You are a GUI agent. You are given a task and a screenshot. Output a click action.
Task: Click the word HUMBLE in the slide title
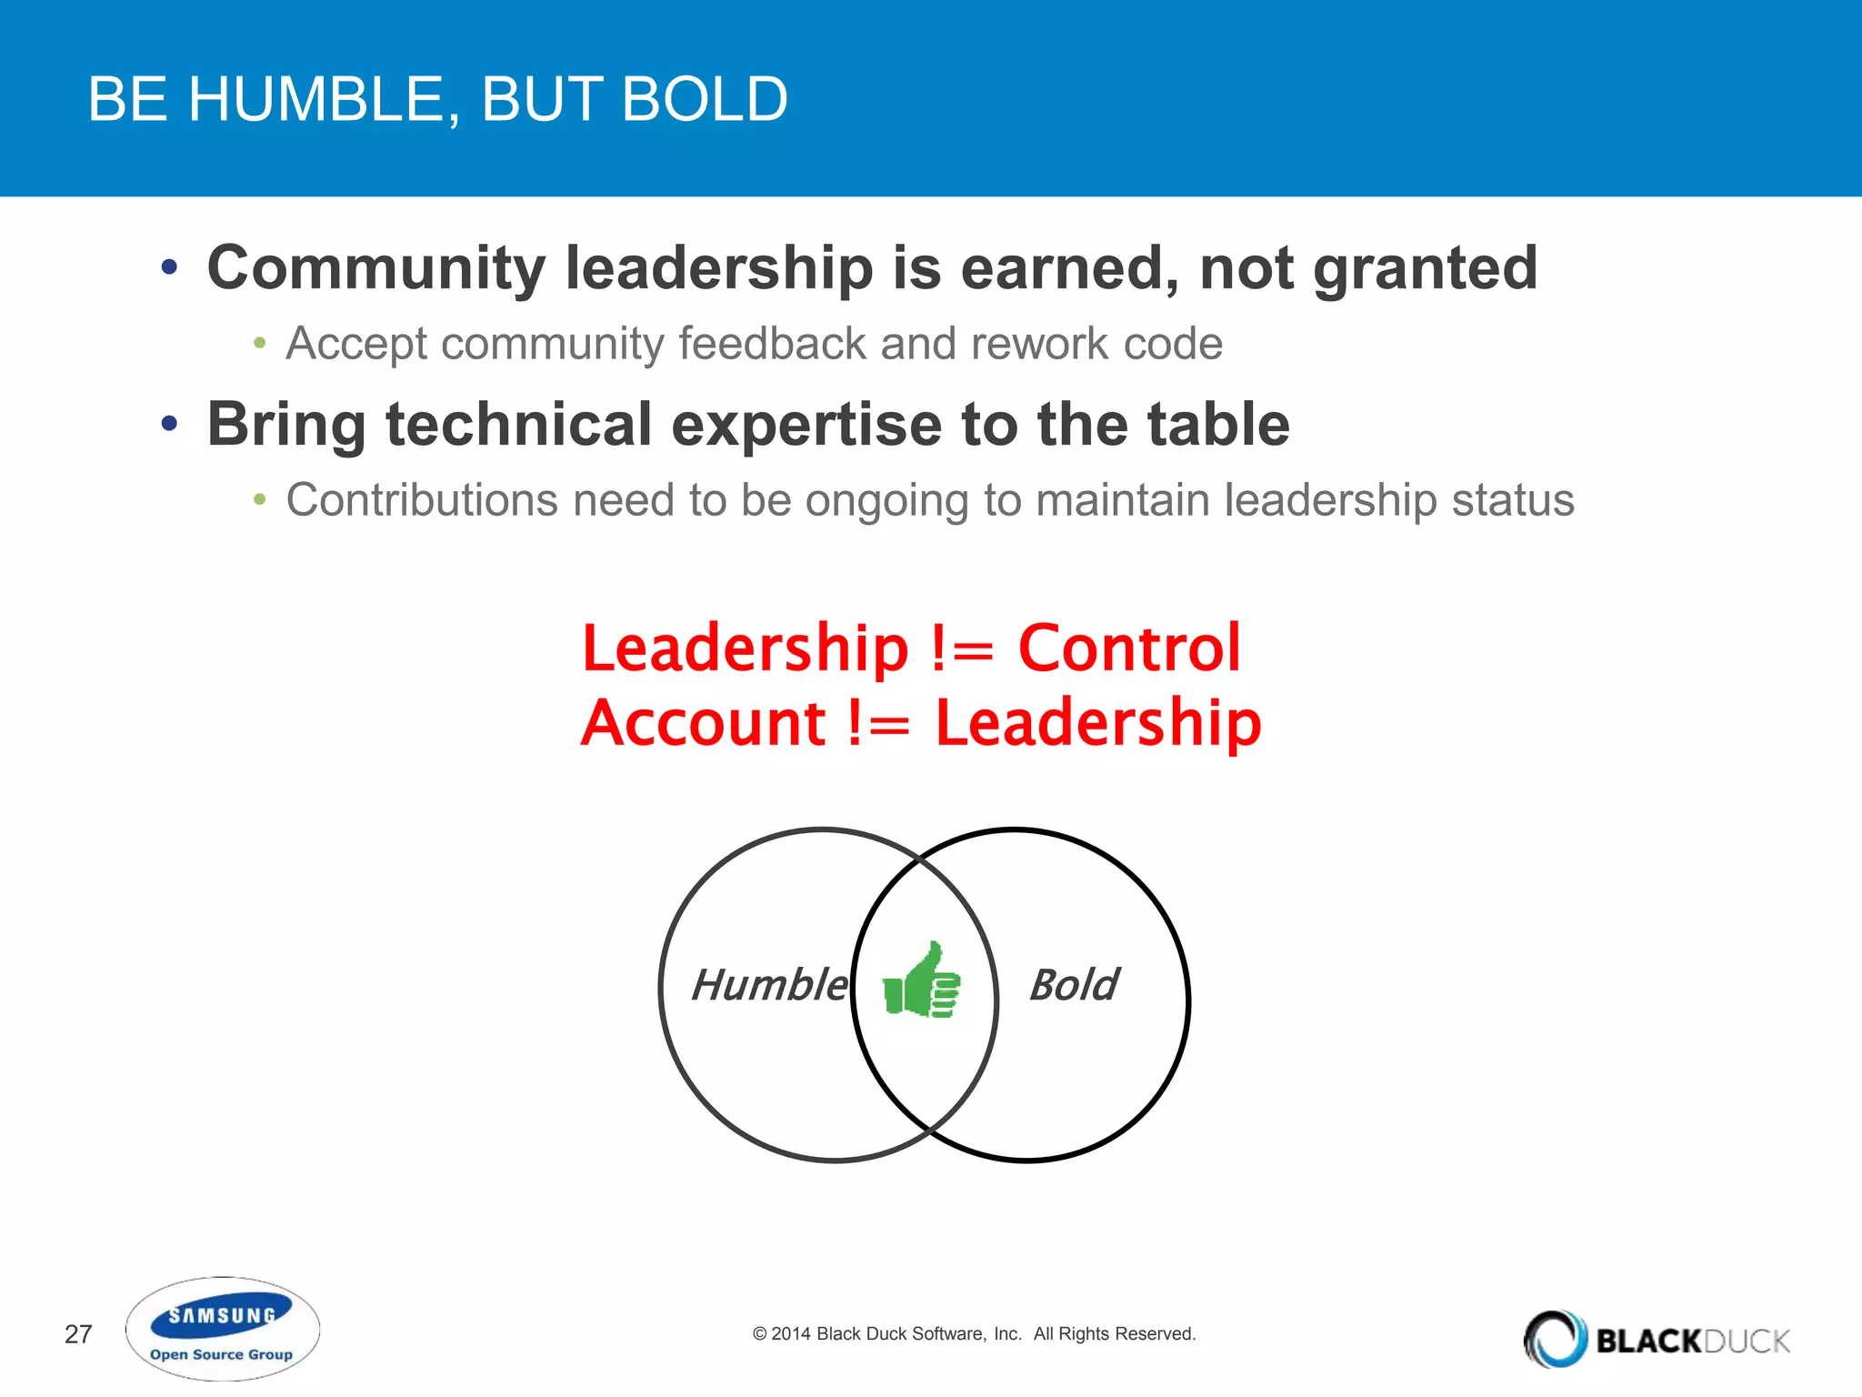(x=323, y=99)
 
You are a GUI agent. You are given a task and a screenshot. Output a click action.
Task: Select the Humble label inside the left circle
(x=769, y=985)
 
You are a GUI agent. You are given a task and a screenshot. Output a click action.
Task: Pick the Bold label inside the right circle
(x=1074, y=985)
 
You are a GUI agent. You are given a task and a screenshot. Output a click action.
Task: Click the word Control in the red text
(x=1129, y=648)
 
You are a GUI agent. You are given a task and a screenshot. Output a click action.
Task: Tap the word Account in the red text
(x=704, y=723)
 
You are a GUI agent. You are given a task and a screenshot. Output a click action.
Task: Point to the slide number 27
(x=78, y=1334)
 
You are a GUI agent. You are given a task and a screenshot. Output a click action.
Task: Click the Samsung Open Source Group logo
(x=222, y=1330)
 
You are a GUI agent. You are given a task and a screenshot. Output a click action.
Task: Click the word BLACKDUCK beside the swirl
(x=1693, y=1341)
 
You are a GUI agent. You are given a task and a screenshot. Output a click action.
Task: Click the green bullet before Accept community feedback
(x=260, y=344)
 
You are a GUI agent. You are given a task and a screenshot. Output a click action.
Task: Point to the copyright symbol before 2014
(x=759, y=1334)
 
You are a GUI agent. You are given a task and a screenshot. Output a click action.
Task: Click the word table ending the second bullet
(x=1218, y=424)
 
